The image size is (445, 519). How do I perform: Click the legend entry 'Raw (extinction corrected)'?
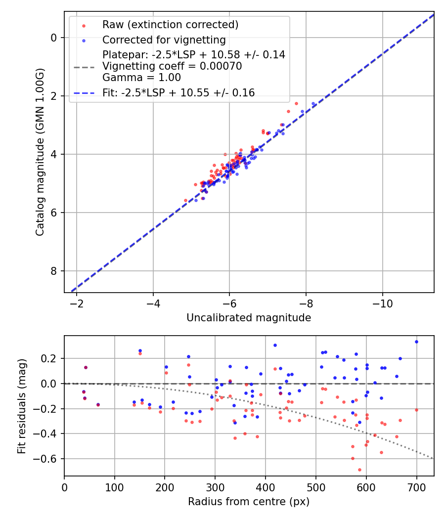coord(170,25)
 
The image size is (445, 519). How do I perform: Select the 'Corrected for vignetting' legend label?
coord(164,40)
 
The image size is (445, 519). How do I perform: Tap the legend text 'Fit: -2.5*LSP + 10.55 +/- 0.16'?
coord(178,93)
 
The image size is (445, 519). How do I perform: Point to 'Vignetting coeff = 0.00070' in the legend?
coord(172,66)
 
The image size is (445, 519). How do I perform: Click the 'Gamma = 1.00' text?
coord(141,78)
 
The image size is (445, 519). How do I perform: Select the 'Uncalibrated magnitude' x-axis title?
coord(249,318)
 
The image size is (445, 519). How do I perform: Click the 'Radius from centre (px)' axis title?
coord(249,502)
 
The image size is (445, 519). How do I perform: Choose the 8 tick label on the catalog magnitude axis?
coord(55,271)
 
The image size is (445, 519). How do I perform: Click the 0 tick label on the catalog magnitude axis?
coord(55,38)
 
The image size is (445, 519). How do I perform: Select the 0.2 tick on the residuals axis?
coord(51,358)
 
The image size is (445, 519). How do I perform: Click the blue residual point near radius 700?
coord(416,342)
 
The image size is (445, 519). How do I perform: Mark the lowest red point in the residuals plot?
coord(359,470)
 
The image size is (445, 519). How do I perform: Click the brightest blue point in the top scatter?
coord(313,104)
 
